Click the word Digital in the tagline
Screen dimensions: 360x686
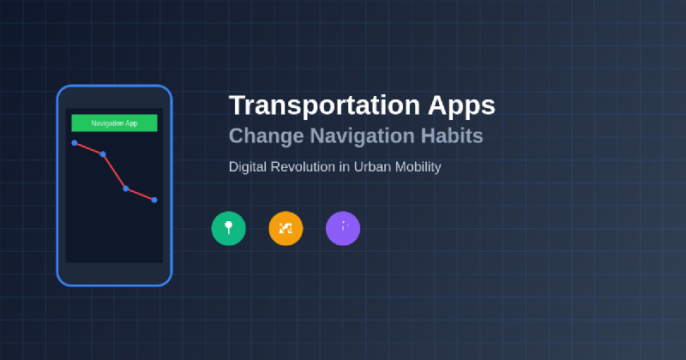pyautogui.click(x=248, y=166)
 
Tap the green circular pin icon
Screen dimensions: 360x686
pyautogui.click(x=228, y=228)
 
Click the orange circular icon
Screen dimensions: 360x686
pyautogui.click(x=286, y=228)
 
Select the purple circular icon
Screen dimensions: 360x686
pyautogui.click(x=343, y=228)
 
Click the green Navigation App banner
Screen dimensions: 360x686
pyautogui.click(x=114, y=123)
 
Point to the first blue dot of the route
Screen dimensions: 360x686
pyautogui.click(x=75, y=142)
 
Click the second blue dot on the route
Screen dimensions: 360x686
pyautogui.click(x=103, y=154)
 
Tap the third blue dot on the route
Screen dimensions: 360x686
pyautogui.click(x=126, y=189)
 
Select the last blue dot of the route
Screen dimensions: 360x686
pyautogui.click(x=154, y=200)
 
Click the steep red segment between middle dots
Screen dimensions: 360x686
pyautogui.click(x=114, y=171)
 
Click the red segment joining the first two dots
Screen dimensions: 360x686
pyautogui.click(x=88, y=148)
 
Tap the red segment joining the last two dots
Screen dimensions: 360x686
pyautogui.click(x=140, y=194)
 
